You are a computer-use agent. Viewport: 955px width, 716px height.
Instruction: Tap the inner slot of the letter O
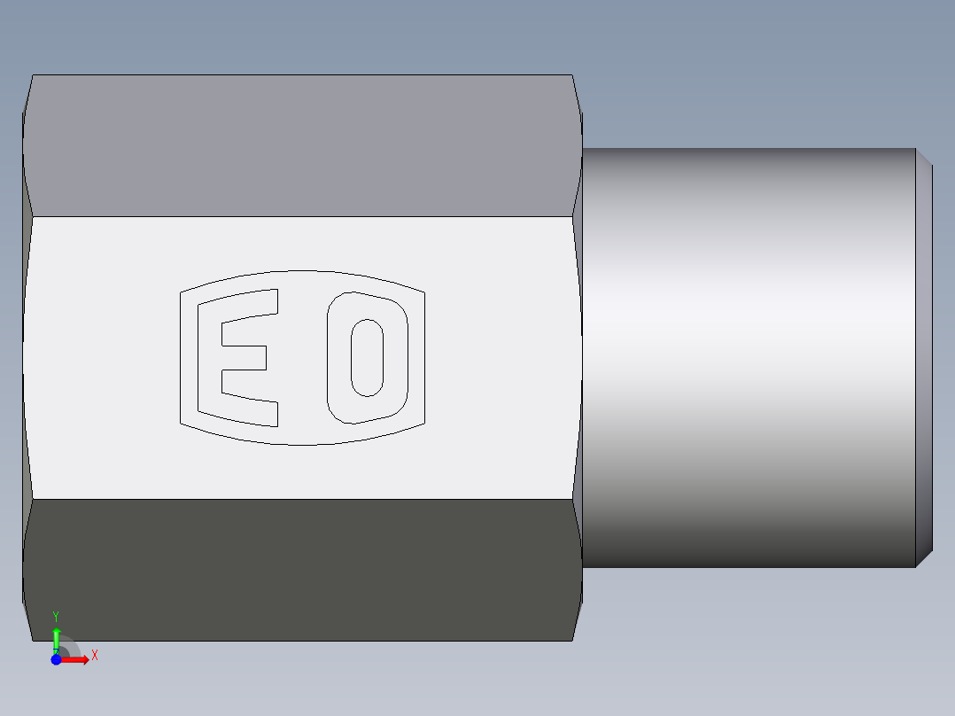coord(367,358)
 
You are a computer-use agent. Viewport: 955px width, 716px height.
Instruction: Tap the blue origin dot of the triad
coord(56,659)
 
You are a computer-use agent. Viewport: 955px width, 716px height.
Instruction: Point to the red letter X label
coord(95,656)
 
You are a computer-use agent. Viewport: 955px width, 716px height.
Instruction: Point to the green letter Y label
coord(56,616)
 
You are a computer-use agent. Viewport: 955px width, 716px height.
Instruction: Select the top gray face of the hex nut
coord(301,146)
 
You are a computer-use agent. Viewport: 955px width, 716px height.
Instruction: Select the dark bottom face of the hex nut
coord(301,569)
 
